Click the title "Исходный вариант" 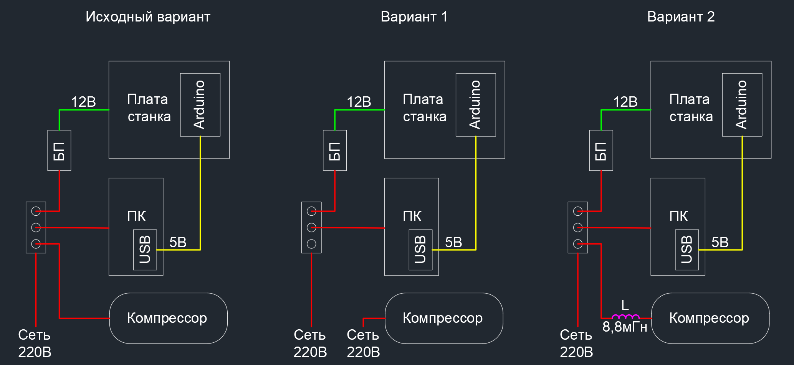tap(148, 17)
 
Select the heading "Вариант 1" tap(414, 17)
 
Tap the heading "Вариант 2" tap(681, 17)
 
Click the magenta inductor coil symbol tap(625, 317)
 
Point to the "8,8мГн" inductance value tap(625, 327)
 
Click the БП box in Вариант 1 tap(335, 150)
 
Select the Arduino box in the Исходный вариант tap(200, 105)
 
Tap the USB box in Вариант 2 tap(686, 250)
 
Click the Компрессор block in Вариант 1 tap(443, 318)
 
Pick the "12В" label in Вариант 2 tap(625, 102)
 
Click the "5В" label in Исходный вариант tap(178, 243)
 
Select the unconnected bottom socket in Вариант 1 tap(311, 244)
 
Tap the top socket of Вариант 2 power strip tap(578, 211)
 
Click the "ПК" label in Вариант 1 tap(412, 216)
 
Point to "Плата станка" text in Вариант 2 tap(690, 108)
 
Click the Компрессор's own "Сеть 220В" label tap(363, 343)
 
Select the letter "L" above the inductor tap(625, 306)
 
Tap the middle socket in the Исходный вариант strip tap(36, 228)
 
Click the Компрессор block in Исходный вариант tap(168, 318)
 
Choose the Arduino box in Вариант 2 tap(742, 105)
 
